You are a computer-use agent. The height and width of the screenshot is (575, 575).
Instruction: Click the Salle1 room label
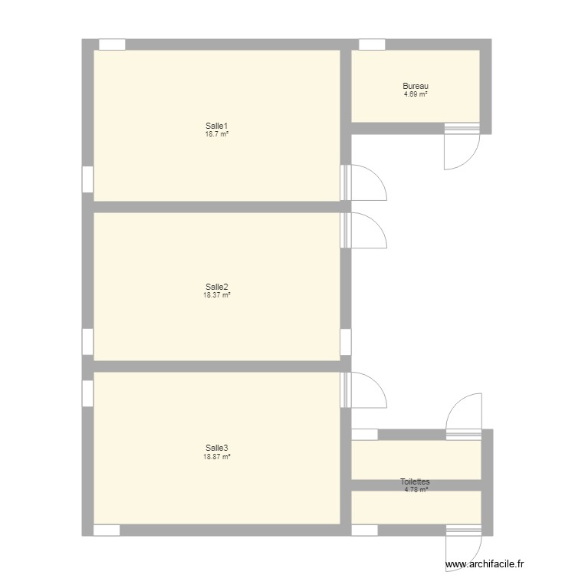pyautogui.click(x=217, y=126)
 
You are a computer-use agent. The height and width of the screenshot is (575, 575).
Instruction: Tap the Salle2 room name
pyautogui.click(x=217, y=287)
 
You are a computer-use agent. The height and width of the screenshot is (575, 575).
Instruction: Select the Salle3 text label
pyautogui.click(x=217, y=449)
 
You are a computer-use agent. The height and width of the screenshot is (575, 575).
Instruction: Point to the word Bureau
pyautogui.click(x=416, y=86)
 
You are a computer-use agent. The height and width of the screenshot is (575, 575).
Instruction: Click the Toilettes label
pyautogui.click(x=416, y=482)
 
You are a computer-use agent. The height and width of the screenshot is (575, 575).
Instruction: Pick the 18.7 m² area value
pyautogui.click(x=217, y=134)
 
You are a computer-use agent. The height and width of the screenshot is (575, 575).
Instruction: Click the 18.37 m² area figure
pyautogui.click(x=217, y=295)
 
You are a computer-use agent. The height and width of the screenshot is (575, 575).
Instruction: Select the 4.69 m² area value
pyautogui.click(x=416, y=94)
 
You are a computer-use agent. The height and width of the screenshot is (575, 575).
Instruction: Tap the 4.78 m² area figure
pyautogui.click(x=416, y=490)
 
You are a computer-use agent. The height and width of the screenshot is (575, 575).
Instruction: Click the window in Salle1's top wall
pyautogui.click(x=112, y=44)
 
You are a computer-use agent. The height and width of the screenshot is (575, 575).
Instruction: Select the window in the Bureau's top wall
pyautogui.click(x=372, y=44)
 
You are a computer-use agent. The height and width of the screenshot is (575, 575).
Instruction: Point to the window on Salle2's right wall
pyautogui.click(x=346, y=342)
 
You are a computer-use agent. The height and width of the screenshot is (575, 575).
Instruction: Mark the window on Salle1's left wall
pyautogui.click(x=87, y=179)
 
